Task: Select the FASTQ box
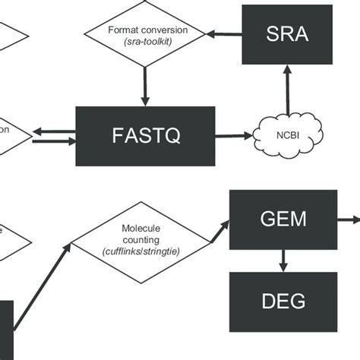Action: pos(136,136)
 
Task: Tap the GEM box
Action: pos(283,219)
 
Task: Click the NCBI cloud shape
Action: pos(287,136)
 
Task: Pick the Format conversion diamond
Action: pos(144,35)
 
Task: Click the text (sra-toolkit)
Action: pos(144,43)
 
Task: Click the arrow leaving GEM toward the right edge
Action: pos(348,219)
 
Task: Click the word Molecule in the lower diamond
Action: pos(140,228)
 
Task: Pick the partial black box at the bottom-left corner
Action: pos(6,330)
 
